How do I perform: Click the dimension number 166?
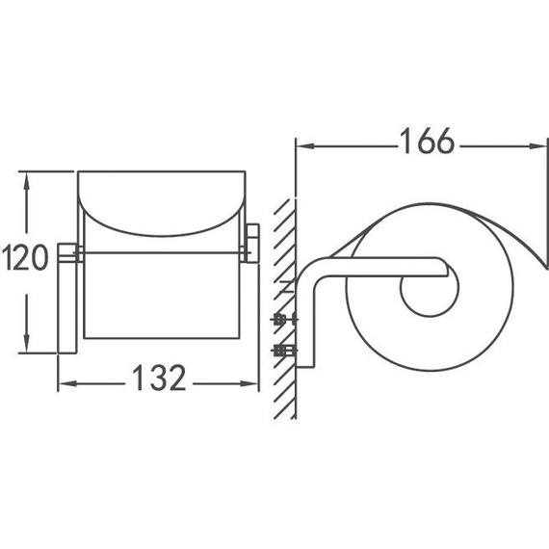tap(427, 141)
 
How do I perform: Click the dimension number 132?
tap(159, 378)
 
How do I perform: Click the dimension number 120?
tap(25, 257)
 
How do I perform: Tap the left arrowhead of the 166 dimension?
tap(304, 146)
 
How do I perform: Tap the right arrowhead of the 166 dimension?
tap(538, 146)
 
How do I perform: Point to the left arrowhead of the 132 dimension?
tap(66, 383)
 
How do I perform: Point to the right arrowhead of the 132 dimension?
tap(249, 383)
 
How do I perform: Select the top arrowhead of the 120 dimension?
tap(26, 181)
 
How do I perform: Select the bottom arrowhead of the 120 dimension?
tap(26, 344)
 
